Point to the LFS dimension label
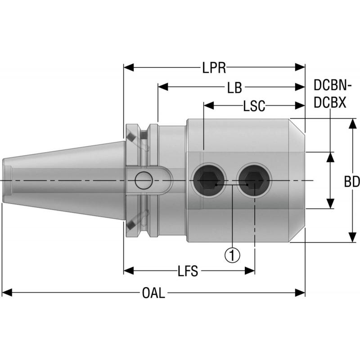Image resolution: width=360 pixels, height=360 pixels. (188, 271)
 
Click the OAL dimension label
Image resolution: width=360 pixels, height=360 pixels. (153, 294)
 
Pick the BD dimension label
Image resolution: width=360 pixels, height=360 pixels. (352, 182)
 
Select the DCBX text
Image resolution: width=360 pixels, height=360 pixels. (329, 103)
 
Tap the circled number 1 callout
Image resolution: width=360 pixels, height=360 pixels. (232, 255)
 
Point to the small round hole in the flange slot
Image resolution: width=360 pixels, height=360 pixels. (144, 181)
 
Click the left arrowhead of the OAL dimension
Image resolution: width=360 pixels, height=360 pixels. (6, 293)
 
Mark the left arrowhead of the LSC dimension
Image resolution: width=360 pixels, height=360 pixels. (208, 106)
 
